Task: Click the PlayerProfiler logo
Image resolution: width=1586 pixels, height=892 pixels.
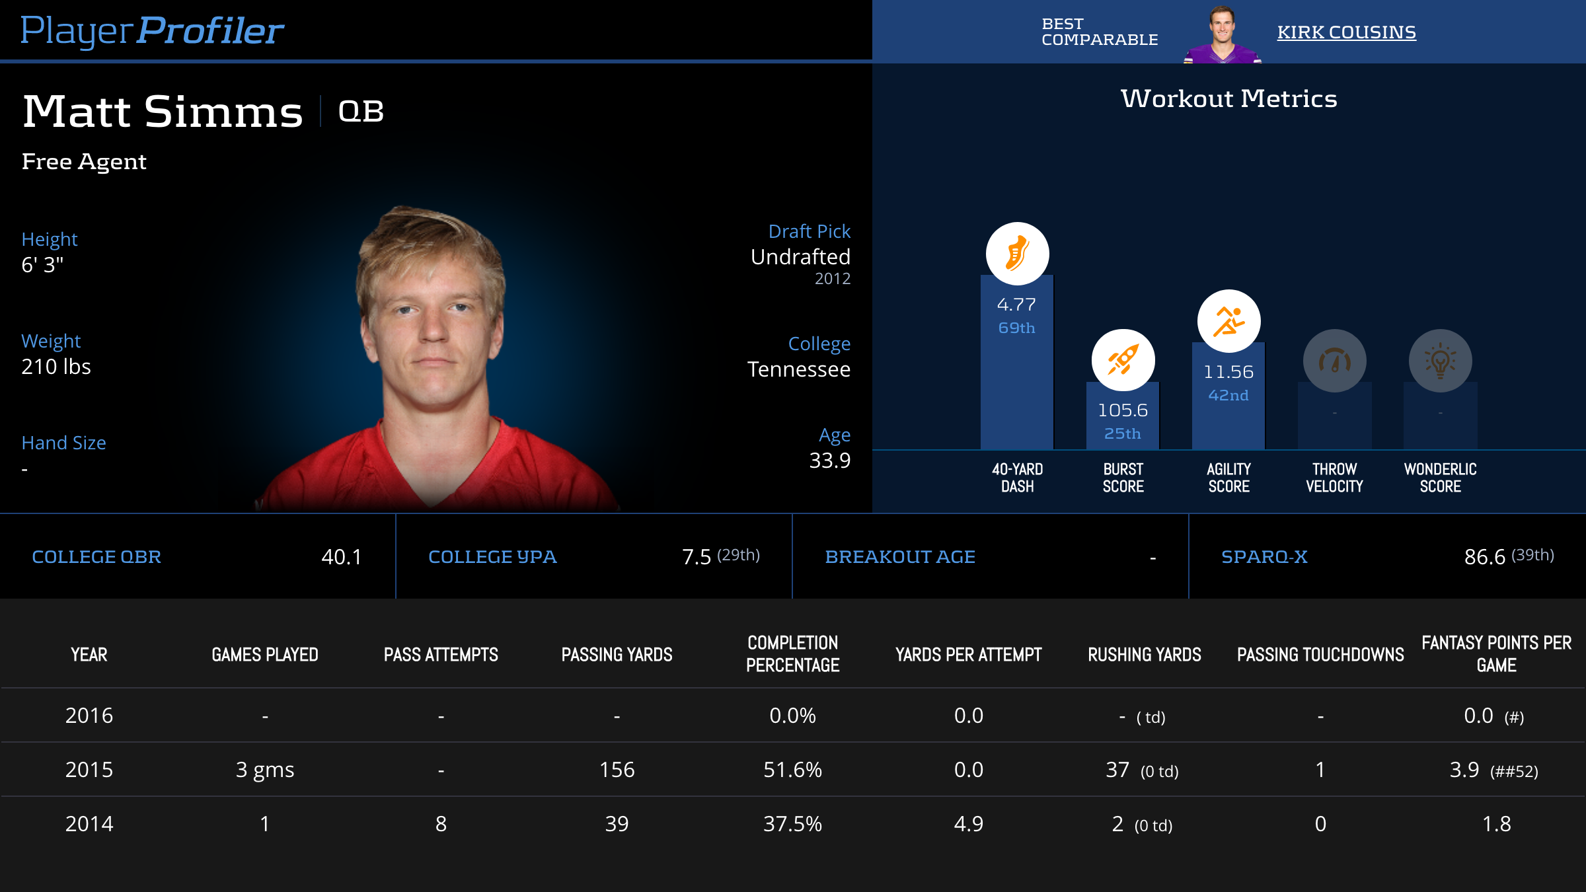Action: [x=152, y=30]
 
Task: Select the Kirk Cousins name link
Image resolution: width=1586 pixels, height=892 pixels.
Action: [x=1346, y=32]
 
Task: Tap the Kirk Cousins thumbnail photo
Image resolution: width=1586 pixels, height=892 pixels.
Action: [x=1223, y=34]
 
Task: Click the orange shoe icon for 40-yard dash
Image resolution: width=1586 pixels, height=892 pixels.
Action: [x=1017, y=254]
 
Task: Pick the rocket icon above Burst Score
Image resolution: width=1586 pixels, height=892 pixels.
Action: [x=1123, y=360]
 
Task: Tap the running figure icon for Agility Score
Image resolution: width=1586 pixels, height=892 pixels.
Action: [x=1228, y=321]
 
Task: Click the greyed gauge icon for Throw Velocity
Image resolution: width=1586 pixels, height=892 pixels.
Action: [x=1334, y=361]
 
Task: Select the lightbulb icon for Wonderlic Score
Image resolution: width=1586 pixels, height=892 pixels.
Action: [x=1440, y=361]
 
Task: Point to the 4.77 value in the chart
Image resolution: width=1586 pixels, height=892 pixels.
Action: [x=1016, y=305]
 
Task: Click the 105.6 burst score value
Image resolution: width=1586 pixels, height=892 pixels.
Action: [x=1123, y=410]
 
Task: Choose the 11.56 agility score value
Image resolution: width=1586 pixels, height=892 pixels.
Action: [x=1228, y=372]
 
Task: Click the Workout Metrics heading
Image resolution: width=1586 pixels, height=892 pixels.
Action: [x=1228, y=98]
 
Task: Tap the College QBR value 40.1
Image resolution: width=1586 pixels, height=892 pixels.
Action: [x=342, y=557]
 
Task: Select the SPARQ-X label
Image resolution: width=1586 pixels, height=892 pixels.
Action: [x=1264, y=557]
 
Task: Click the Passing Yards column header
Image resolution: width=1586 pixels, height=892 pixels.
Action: [x=617, y=655]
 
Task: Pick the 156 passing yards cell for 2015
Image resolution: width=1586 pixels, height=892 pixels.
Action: [x=617, y=770]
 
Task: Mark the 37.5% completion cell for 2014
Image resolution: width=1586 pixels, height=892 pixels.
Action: [x=792, y=824]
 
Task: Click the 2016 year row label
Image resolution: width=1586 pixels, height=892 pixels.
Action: [x=89, y=716]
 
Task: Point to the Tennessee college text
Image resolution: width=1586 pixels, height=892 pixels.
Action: [x=798, y=369]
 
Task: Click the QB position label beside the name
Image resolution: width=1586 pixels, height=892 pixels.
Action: [x=361, y=111]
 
